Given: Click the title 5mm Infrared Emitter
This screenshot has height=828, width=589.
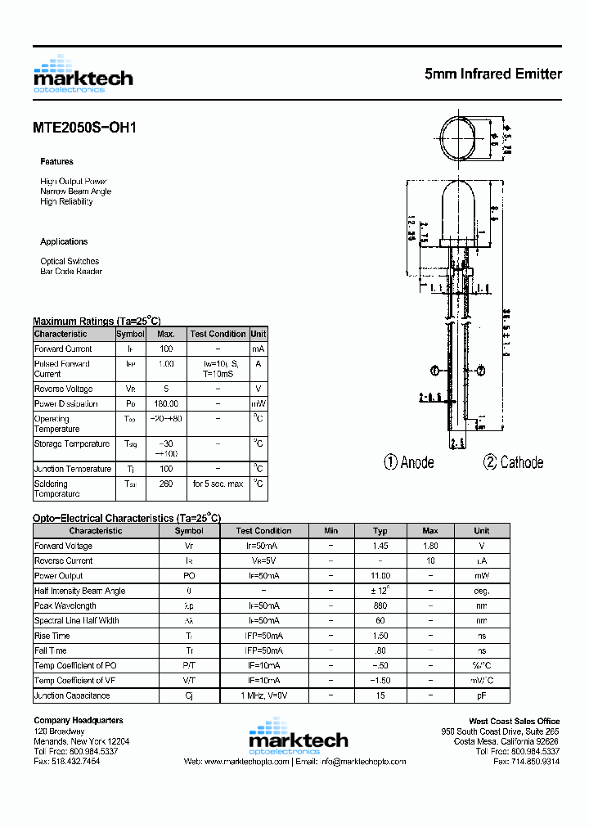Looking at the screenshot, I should click(x=493, y=74).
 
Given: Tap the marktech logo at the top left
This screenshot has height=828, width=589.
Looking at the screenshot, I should click(x=83, y=74).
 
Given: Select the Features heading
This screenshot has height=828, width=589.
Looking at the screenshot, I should click(x=56, y=162).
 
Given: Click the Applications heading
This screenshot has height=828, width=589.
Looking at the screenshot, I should click(x=64, y=242).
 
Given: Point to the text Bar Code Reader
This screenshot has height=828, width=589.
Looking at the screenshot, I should click(x=71, y=272).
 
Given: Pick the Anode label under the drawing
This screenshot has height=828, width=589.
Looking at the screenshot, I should click(x=409, y=463).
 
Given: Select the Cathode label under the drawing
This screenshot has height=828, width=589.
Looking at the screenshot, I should click(x=513, y=463).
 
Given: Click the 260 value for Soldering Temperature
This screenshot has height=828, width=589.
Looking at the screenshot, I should click(x=166, y=484).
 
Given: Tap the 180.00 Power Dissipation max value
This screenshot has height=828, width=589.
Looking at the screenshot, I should click(x=166, y=404).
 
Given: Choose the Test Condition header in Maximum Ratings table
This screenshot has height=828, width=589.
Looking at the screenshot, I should click(x=218, y=334).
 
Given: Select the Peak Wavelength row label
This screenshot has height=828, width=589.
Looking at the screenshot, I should click(x=65, y=606).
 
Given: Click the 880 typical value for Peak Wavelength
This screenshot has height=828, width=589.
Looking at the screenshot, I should click(x=380, y=606).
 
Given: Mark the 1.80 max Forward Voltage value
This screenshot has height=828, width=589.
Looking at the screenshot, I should click(x=430, y=547).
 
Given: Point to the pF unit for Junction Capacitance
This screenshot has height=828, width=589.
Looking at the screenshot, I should click(x=482, y=695).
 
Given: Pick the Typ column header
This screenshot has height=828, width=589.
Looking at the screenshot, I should click(x=380, y=531).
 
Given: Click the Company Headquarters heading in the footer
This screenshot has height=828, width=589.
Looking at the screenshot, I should click(x=79, y=720).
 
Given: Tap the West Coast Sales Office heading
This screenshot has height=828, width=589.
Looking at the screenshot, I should click(x=514, y=721).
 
